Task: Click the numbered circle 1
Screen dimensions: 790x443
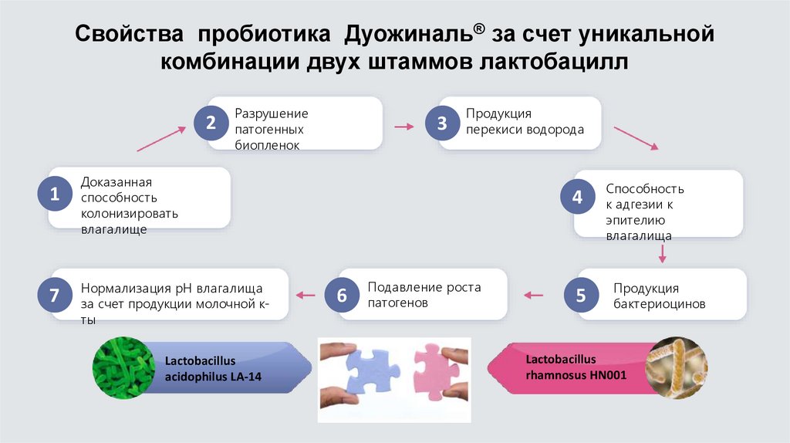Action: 55,196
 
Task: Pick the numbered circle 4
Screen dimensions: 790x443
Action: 577,198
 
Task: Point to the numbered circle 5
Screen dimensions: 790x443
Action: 581,295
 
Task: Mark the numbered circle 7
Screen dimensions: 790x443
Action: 53,295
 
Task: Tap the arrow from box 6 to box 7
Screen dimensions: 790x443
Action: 306,295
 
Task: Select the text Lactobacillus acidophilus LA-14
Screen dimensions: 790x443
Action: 204,368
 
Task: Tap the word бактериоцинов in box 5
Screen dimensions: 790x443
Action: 660,304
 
